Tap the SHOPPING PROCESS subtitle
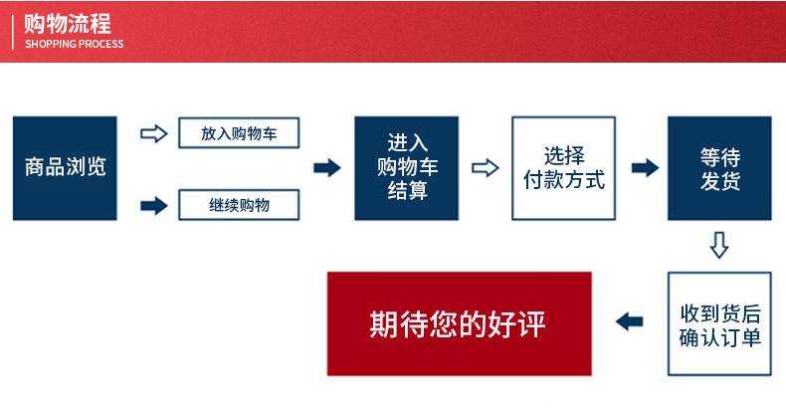click(74, 45)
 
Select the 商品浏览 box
click(65, 167)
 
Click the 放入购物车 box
click(239, 133)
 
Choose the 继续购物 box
click(239, 205)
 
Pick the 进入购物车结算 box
click(407, 167)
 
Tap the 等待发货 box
click(719, 167)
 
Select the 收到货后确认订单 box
click(719, 323)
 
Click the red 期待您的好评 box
click(459, 323)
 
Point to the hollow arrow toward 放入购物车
click(154, 133)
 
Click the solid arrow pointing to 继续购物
click(154, 205)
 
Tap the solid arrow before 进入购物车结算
click(327, 167)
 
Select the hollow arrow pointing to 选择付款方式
click(485, 167)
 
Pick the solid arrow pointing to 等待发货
click(645, 167)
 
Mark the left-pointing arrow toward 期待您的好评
click(630, 320)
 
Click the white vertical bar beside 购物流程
click(13, 31)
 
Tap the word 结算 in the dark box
click(407, 190)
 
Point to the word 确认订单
click(719, 337)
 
